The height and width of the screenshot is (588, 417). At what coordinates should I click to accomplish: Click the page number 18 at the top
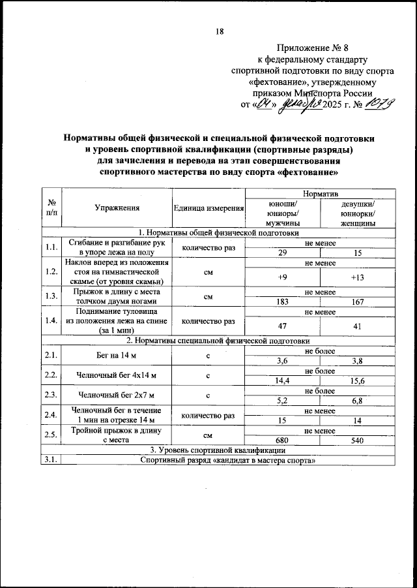click(220, 33)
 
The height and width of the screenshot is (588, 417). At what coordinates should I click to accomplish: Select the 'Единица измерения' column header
click(208, 208)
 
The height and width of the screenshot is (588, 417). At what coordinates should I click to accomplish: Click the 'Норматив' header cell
click(320, 195)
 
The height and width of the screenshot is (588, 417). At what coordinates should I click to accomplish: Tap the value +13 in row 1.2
click(357, 277)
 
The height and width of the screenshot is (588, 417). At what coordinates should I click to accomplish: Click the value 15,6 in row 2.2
click(357, 380)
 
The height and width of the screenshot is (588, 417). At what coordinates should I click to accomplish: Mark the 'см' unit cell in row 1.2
click(208, 273)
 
